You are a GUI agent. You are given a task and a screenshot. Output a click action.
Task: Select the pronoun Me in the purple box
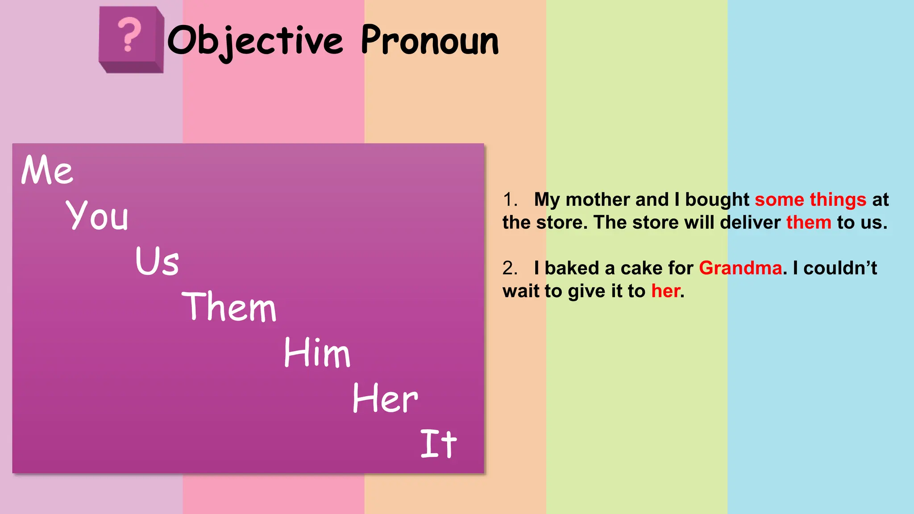click(47, 170)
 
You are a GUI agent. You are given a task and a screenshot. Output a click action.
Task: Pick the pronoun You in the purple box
click(97, 216)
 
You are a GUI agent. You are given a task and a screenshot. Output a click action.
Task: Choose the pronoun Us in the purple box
click(157, 261)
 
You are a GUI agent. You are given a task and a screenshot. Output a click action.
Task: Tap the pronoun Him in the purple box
click(317, 352)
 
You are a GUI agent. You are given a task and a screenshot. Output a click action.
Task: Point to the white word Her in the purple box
click(385, 398)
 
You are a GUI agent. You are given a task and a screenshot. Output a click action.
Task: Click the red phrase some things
click(810, 199)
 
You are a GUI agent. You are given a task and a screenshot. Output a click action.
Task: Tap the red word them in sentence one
click(809, 222)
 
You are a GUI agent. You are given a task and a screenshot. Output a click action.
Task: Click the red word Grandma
click(740, 268)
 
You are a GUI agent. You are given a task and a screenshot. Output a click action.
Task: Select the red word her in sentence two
click(666, 291)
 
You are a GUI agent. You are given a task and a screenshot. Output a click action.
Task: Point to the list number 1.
click(510, 199)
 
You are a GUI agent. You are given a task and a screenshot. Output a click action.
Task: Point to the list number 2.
click(510, 268)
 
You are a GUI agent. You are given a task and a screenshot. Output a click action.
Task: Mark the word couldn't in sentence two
click(840, 268)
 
